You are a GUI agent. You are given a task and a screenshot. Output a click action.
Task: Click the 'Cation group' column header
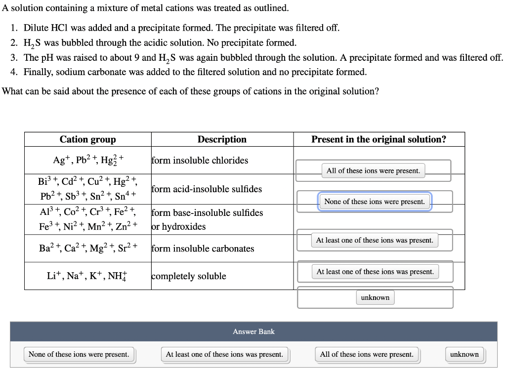[87, 139]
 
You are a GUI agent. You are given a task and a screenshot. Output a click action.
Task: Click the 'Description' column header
[222, 139]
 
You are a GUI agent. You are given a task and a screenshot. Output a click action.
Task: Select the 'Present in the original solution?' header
[379, 139]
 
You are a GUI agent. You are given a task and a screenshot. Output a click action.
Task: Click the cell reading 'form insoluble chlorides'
[200, 160]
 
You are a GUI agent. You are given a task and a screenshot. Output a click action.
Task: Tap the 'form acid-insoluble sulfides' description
[207, 189]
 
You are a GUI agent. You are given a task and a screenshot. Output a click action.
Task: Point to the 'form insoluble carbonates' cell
[203, 249]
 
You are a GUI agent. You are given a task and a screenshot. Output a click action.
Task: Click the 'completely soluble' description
[189, 276]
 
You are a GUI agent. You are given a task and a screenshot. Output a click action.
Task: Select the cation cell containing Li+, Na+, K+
[87, 276]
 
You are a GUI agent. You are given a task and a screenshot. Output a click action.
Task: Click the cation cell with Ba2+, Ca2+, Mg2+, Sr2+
[87, 249]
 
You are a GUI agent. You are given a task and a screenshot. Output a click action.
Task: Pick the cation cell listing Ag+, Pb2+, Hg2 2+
[87, 160]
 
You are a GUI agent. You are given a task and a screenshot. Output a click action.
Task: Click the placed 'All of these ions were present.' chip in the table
[373, 170]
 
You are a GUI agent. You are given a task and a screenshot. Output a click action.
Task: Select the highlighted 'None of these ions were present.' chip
[375, 202]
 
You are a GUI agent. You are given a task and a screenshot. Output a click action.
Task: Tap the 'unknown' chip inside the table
[375, 297]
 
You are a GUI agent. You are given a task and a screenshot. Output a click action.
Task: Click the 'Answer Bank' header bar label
[253, 332]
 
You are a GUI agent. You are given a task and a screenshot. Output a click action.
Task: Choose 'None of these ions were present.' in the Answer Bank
[79, 354]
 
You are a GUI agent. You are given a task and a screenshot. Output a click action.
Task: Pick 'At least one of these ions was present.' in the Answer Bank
[225, 354]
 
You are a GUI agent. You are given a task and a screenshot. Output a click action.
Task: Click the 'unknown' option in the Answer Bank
[464, 354]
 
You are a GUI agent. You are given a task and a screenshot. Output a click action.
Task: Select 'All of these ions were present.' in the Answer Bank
[367, 354]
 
